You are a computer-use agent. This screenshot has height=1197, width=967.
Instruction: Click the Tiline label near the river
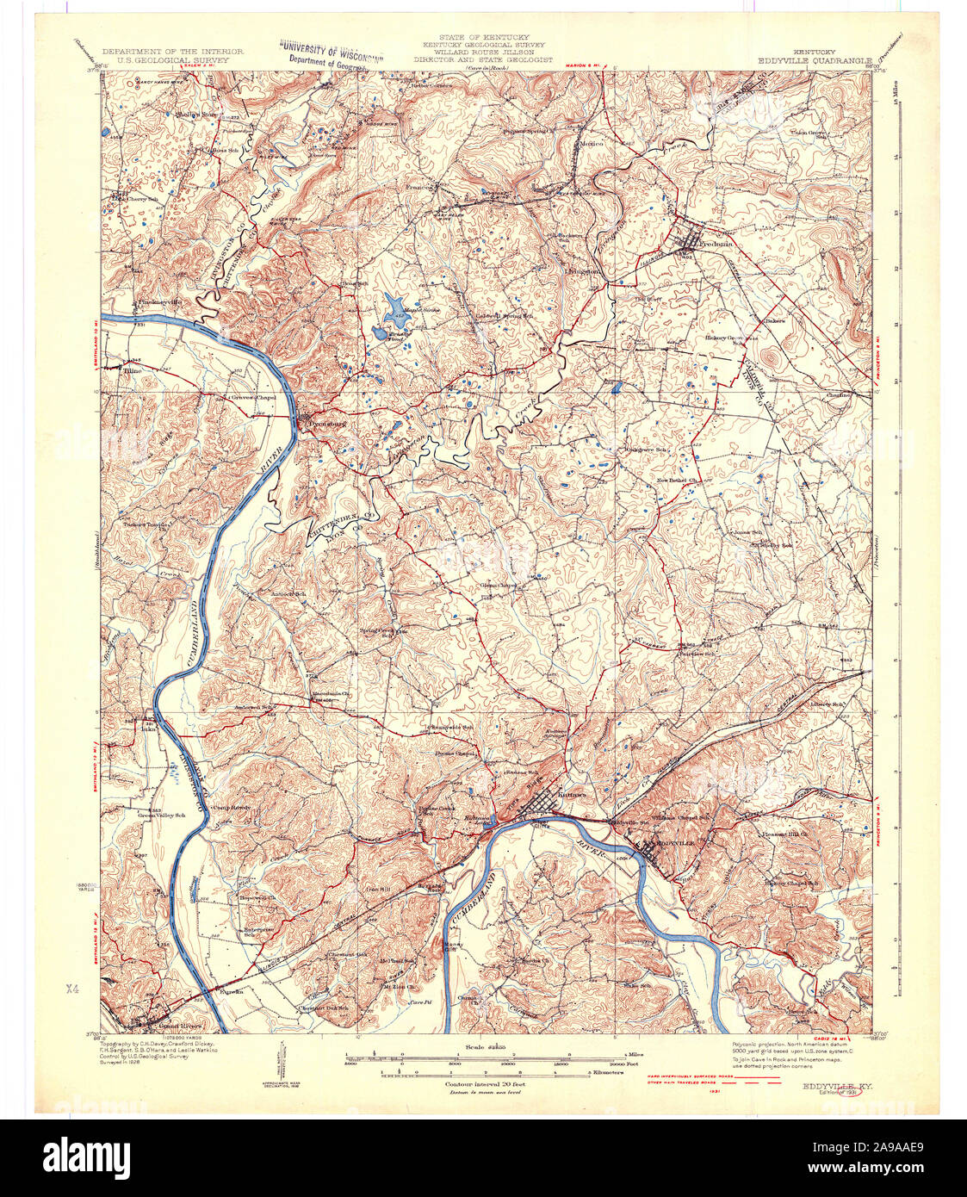coord(131,371)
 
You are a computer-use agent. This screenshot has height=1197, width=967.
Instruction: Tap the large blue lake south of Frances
coord(393,304)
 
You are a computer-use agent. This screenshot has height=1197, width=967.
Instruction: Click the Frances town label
coord(420,185)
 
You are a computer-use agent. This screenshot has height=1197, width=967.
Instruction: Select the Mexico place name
coord(591,143)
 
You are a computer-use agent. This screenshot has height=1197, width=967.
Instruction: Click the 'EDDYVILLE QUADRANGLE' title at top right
coord(815,60)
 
